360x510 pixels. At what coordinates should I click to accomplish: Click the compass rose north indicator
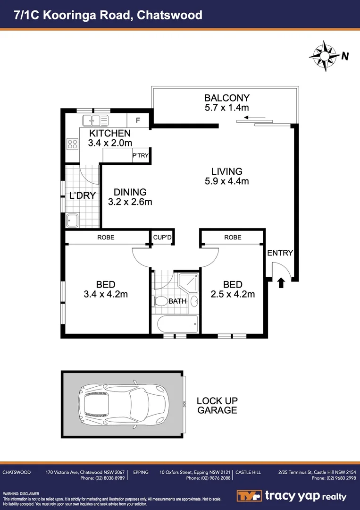tap(326, 57)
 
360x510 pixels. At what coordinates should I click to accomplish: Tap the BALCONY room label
tap(226, 98)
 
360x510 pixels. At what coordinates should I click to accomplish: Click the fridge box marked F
tap(138, 120)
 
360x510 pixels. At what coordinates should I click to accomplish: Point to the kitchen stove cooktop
tap(72, 144)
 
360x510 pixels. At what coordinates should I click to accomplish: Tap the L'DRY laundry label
tap(83, 195)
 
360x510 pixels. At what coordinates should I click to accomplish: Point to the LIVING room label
tap(226, 171)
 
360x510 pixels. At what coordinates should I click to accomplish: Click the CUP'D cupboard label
tap(162, 238)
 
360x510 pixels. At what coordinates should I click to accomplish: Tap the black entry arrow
tap(281, 282)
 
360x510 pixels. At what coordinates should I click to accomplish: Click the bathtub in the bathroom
tap(176, 325)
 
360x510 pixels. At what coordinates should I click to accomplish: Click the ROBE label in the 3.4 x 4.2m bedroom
tap(106, 238)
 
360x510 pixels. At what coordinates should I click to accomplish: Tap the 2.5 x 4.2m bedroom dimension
tap(233, 295)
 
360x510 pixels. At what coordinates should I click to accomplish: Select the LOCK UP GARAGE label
tap(217, 406)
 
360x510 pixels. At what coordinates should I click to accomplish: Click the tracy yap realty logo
tap(291, 496)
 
